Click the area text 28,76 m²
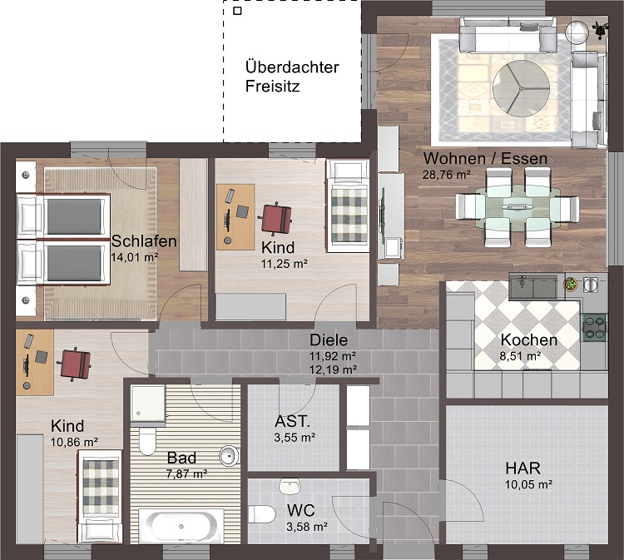448,174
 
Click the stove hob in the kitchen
595,327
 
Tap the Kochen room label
528,340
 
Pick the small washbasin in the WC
290,485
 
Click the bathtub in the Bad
181,526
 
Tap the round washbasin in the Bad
228,455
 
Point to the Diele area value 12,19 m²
333,369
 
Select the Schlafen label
144,241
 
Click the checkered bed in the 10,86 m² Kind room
102,486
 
